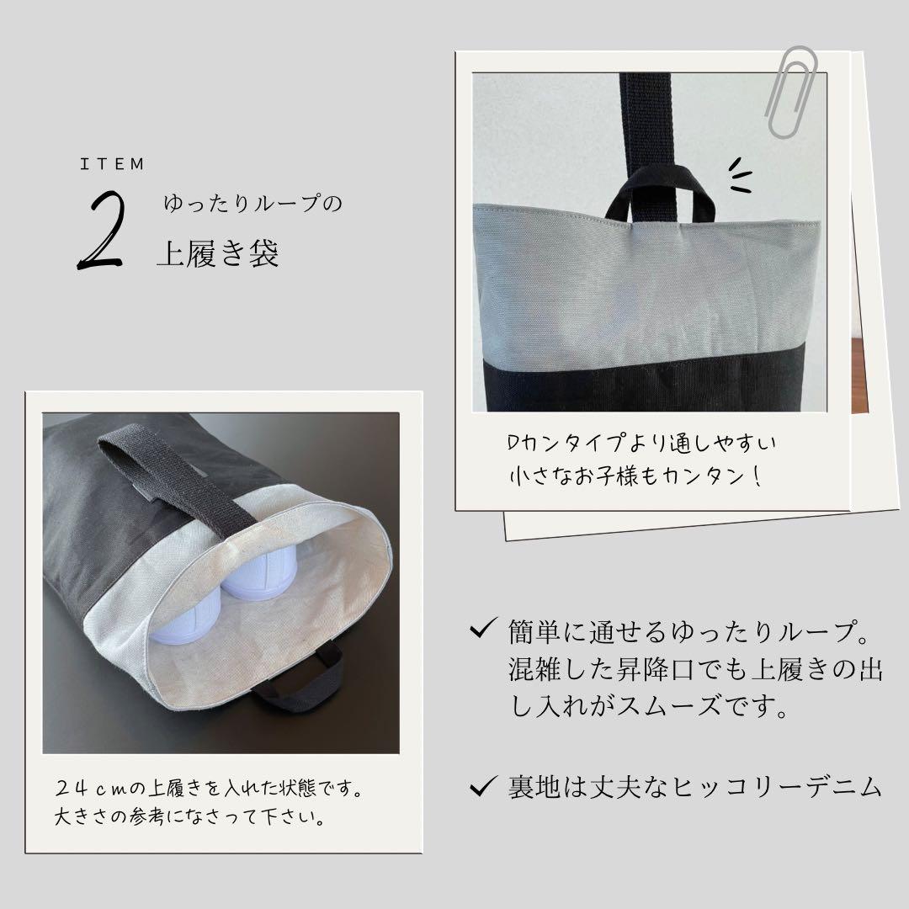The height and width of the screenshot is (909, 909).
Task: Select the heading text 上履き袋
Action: (217, 254)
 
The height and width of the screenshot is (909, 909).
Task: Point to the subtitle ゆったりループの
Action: (253, 205)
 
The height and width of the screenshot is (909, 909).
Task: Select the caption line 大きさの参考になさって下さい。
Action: (189, 817)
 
